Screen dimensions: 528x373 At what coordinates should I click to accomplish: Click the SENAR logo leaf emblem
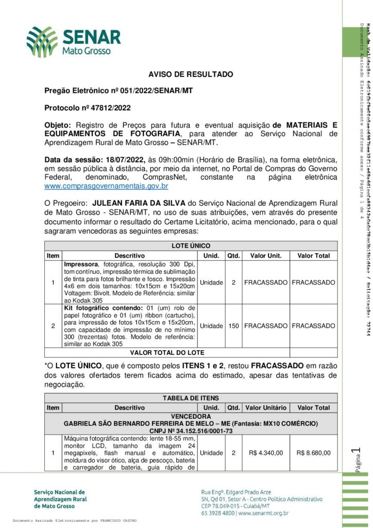click(42, 42)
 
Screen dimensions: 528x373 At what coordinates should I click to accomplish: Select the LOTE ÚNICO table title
click(191, 246)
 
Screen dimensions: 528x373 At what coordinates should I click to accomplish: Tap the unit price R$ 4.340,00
click(265, 453)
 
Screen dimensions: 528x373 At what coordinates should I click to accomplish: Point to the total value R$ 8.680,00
click(314, 453)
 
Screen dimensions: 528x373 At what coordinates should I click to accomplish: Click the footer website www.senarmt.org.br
click(263, 513)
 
